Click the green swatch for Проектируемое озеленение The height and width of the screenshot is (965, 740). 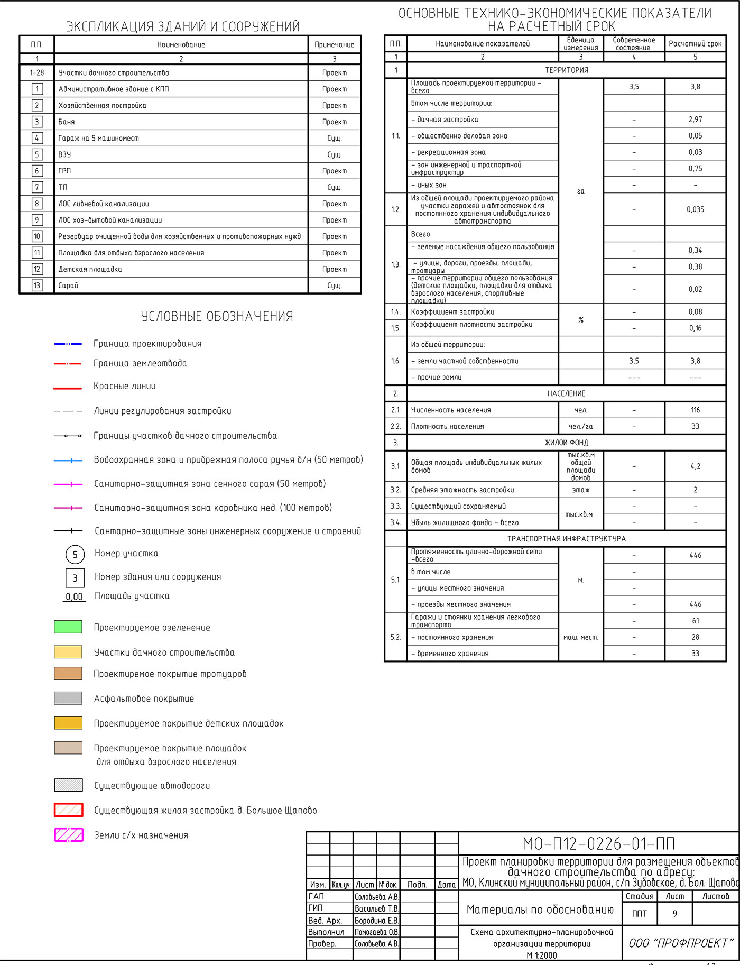pyautogui.click(x=68, y=627)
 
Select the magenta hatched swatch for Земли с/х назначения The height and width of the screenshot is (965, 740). pyautogui.click(x=69, y=835)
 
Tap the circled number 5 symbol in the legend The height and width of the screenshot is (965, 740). pyautogui.click(x=75, y=554)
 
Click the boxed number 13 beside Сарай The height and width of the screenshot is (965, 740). pyautogui.click(x=37, y=286)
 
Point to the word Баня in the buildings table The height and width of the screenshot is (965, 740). pyautogui.click(x=67, y=122)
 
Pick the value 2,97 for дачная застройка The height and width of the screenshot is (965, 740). pyautogui.click(x=695, y=120)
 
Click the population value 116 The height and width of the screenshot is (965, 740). pyautogui.click(x=695, y=410)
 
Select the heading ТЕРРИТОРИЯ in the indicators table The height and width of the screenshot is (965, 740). pyautogui.click(x=567, y=70)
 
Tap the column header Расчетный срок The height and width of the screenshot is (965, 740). pyautogui.click(x=695, y=44)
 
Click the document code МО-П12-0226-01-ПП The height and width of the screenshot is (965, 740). pyautogui.click(x=598, y=843)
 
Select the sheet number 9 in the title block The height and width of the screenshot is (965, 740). pyautogui.click(x=674, y=913)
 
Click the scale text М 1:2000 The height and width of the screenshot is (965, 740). pyautogui.click(x=542, y=955)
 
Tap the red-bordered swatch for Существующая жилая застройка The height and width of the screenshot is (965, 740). pyautogui.click(x=69, y=810)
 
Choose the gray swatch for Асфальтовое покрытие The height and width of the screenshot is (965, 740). pyautogui.click(x=68, y=698)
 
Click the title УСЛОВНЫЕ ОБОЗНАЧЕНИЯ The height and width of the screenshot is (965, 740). pyautogui.click(x=217, y=316)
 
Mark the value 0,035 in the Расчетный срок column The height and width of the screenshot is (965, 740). pyautogui.click(x=695, y=209)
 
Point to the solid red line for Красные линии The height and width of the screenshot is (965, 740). pyautogui.click(x=68, y=388)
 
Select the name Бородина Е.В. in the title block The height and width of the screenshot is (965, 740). pyautogui.click(x=376, y=920)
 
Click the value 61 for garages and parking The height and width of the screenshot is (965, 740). pyautogui.click(x=695, y=621)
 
